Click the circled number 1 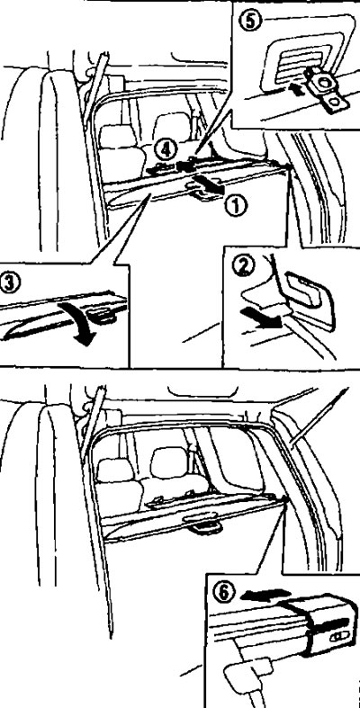237,206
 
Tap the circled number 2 243,266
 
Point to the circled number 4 166,149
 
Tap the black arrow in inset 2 262,316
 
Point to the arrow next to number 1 208,185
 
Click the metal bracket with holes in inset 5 324,89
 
